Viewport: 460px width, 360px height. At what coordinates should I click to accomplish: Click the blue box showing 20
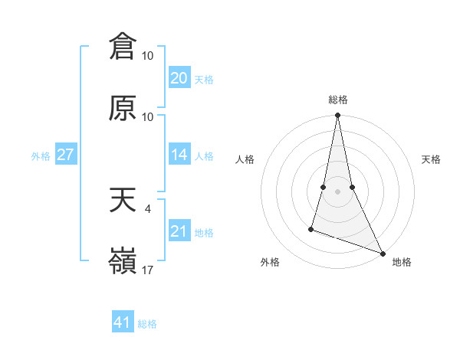(x=179, y=78)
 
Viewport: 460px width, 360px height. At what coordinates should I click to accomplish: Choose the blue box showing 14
(x=179, y=155)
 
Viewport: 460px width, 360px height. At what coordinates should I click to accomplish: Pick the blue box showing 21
(x=179, y=231)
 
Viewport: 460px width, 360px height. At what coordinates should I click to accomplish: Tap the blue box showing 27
(x=66, y=155)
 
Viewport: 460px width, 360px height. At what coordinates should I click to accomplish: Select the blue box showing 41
(x=123, y=322)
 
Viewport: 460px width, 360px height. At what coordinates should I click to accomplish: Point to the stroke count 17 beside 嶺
(x=148, y=270)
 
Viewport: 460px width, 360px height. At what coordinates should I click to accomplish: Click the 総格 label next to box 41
(x=147, y=324)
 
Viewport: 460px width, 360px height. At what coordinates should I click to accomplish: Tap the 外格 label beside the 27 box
(x=41, y=156)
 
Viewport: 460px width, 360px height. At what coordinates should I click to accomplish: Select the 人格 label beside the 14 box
(x=204, y=156)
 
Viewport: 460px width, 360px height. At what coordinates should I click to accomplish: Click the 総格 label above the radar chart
(x=338, y=100)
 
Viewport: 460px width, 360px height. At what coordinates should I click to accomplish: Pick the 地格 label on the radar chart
(x=402, y=262)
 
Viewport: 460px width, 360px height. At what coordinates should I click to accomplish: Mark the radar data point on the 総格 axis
(x=337, y=116)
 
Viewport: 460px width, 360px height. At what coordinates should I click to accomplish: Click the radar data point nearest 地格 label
(x=382, y=253)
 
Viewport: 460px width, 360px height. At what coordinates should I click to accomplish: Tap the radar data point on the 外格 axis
(x=311, y=228)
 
